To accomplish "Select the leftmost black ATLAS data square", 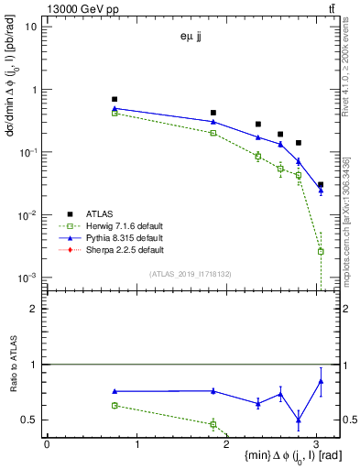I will (115, 99).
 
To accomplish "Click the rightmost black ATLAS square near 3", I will (321, 184).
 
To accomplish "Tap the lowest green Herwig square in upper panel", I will (321, 251).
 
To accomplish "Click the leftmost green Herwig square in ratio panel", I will (115, 405).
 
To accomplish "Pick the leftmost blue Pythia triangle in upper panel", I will (115, 109).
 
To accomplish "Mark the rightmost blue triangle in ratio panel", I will (321, 381).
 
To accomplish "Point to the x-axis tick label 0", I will (47, 443).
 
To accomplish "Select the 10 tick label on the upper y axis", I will (31, 27).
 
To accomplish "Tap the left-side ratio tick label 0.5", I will (31, 420).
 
